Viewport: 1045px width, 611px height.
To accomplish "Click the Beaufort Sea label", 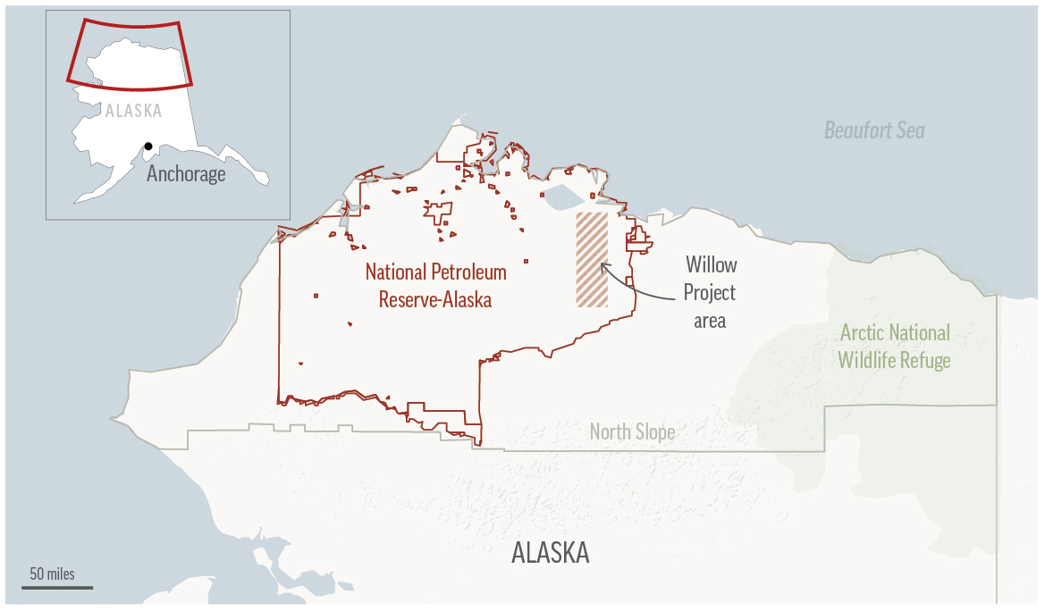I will tap(873, 131).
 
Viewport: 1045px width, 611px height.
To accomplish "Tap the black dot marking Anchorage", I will tap(148, 146).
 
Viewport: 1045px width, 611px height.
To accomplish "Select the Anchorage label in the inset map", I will tap(186, 173).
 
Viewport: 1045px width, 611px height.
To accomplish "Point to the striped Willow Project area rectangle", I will tap(591, 260).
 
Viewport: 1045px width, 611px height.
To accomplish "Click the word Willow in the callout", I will tap(712, 264).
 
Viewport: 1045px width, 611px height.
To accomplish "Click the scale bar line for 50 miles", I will tap(57, 587).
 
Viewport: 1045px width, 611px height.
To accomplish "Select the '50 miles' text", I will tap(52, 573).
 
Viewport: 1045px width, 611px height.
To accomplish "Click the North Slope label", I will tap(632, 433).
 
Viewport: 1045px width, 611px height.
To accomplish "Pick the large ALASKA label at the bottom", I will tap(550, 553).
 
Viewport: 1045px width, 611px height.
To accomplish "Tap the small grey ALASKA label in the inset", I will tap(133, 112).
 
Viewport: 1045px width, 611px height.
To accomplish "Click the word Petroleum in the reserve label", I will tap(470, 272).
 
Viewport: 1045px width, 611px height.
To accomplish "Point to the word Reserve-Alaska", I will tap(434, 299).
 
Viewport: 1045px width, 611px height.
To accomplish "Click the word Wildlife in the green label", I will tap(866, 360).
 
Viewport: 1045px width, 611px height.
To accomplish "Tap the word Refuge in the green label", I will tap(924, 360).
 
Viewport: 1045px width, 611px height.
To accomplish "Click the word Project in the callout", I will tap(709, 292).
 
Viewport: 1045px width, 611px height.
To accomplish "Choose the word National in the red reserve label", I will tap(398, 272).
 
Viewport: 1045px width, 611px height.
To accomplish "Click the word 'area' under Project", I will tap(710, 319).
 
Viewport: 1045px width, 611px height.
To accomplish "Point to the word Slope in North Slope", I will tap(655, 433).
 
